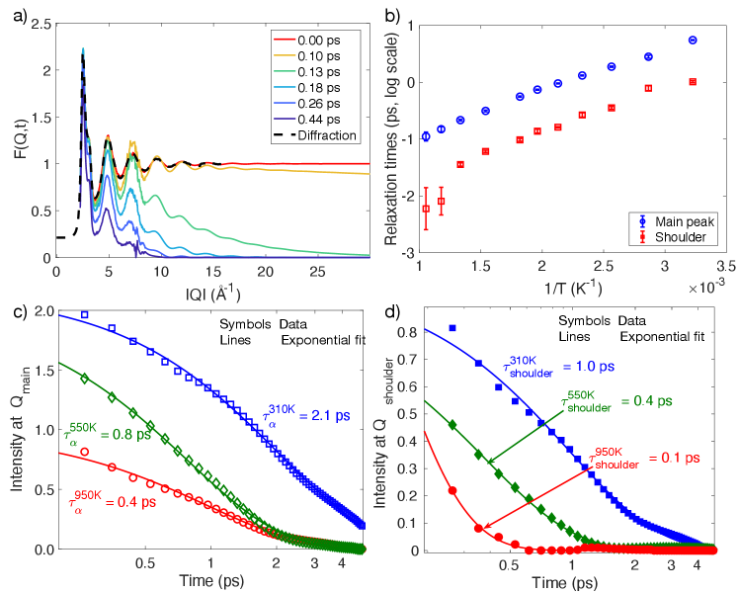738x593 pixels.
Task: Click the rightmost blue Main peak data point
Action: [x=693, y=41]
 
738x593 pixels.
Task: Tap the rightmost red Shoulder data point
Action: [x=693, y=81]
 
